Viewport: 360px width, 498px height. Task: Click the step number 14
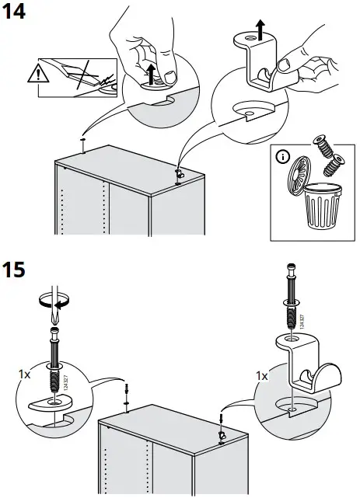point(16,12)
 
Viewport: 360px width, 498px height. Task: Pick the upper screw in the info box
point(320,148)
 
